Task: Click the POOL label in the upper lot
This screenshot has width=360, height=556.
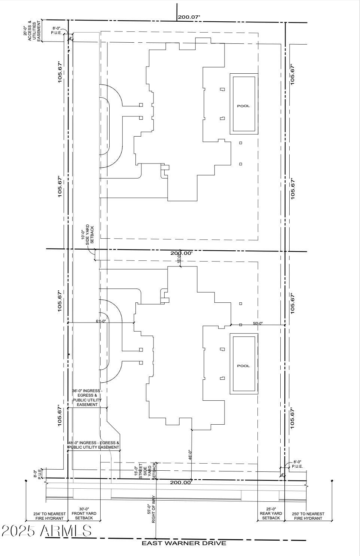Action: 243,106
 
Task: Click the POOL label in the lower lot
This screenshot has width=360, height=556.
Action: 243,366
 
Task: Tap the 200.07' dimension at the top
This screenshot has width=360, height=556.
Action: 189,17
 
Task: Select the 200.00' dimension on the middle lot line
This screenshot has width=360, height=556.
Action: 181,253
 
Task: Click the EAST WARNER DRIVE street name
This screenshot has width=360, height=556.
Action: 184,543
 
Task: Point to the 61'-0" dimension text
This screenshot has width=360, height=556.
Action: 101,321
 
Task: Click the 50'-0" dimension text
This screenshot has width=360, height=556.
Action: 258,323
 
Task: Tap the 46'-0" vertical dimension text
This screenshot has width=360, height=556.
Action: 190,455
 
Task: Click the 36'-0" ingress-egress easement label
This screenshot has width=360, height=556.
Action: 87,398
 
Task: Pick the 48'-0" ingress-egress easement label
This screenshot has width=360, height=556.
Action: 94,445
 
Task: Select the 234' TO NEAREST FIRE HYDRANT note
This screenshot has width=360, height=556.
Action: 49,516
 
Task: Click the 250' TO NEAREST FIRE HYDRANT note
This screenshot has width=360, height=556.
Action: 308,516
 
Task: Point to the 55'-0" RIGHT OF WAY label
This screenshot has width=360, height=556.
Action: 151,514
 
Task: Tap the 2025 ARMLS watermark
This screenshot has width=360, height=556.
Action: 46,531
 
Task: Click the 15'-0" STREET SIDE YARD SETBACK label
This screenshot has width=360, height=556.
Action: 145,471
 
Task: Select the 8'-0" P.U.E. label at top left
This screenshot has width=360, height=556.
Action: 57,30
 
